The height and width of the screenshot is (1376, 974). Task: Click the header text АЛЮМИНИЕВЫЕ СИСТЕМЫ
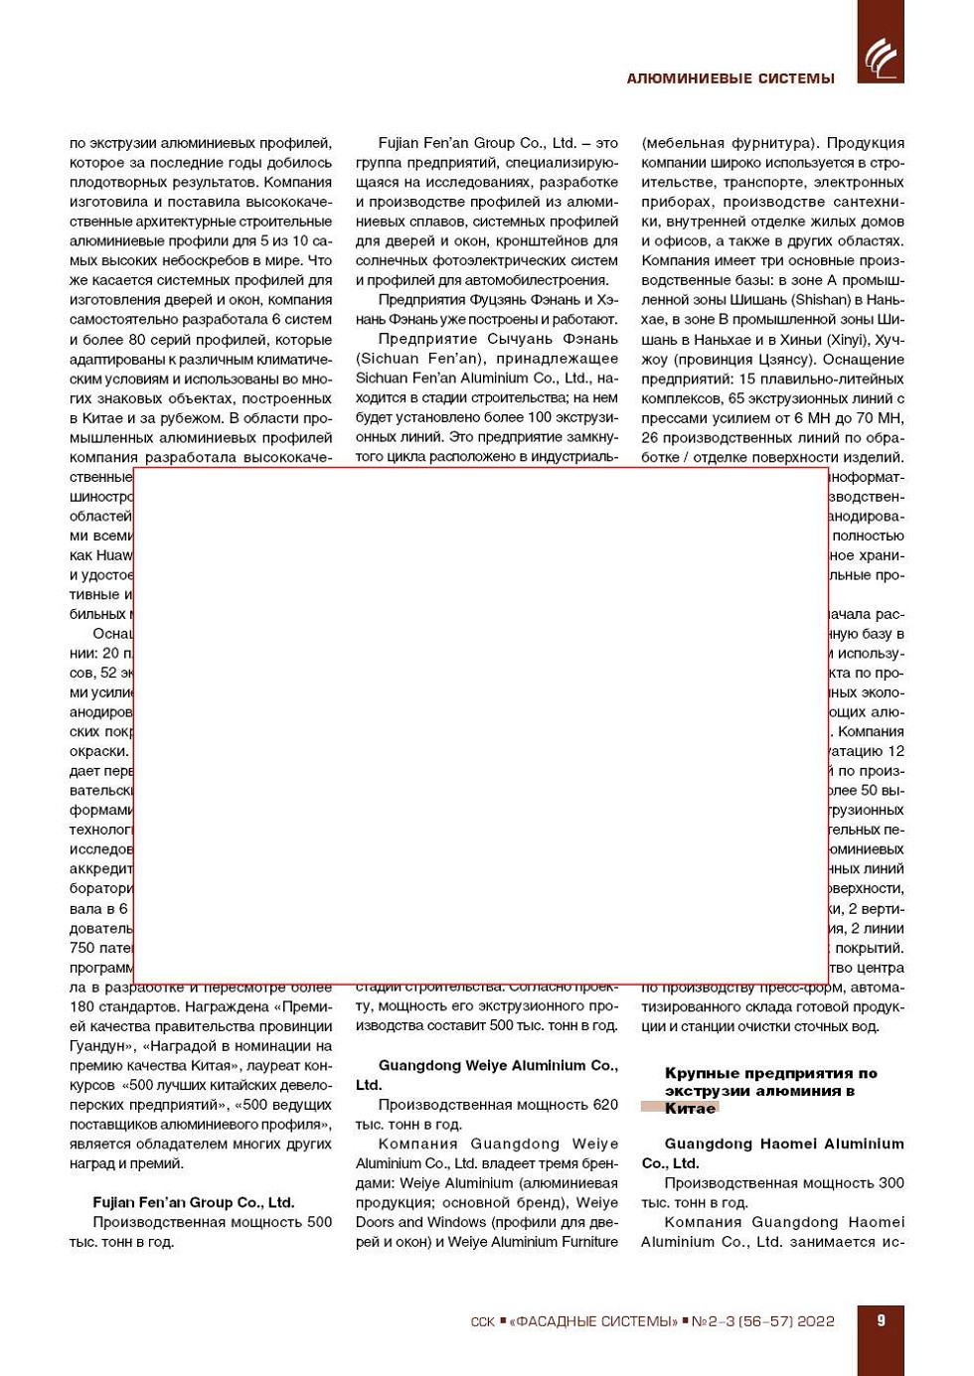click(730, 78)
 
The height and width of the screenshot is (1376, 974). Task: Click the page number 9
click(881, 1320)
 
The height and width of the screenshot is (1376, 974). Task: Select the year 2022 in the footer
click(815, 1321)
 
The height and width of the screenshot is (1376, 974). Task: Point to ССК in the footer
click(482, 1321)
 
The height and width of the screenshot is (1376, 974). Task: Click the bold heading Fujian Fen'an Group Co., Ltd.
click(193, 1202)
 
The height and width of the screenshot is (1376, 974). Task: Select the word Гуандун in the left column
click(96, 1046)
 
